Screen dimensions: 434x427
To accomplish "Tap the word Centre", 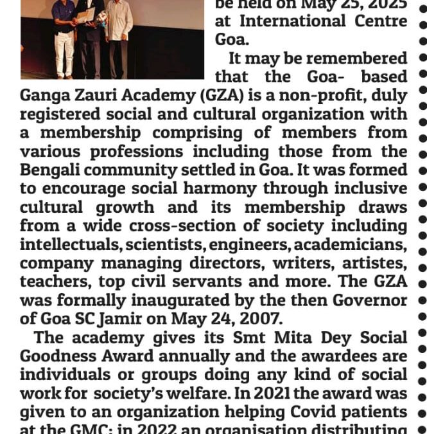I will tap(379, 21).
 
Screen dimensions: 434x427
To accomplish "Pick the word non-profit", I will tap(324, 96).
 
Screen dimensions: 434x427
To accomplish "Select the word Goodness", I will tap(55, 356).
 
